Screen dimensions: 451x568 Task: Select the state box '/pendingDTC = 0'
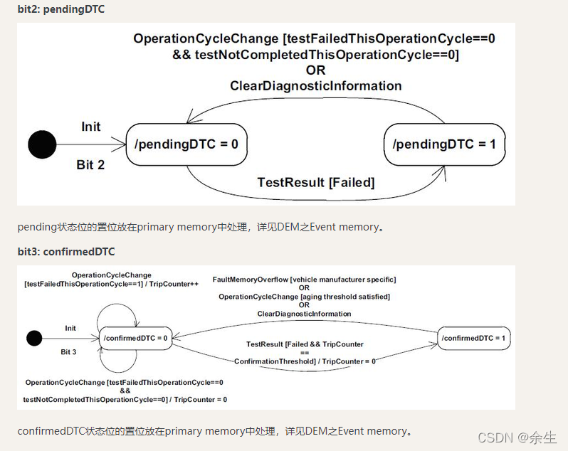186,144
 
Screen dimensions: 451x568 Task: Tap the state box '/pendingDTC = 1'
444,144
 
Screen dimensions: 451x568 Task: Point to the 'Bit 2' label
90,165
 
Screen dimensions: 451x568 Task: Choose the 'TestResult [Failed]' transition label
315,183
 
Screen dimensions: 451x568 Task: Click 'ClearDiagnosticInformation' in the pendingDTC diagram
315,86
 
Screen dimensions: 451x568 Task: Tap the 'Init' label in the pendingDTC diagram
91,127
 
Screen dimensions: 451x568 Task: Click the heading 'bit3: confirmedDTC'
66,251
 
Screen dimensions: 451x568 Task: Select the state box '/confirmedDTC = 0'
135,338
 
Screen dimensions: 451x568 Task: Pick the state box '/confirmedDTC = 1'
473,338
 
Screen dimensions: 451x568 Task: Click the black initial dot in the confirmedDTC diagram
34,338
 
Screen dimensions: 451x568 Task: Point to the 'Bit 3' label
68,351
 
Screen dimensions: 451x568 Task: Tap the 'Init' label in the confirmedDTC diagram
70,328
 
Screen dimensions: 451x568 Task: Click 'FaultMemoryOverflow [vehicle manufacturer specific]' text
304,280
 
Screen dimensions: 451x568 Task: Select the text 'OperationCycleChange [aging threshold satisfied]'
304,297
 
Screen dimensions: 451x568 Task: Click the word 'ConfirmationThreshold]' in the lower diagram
275,361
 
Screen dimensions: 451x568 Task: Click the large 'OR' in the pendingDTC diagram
315,70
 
